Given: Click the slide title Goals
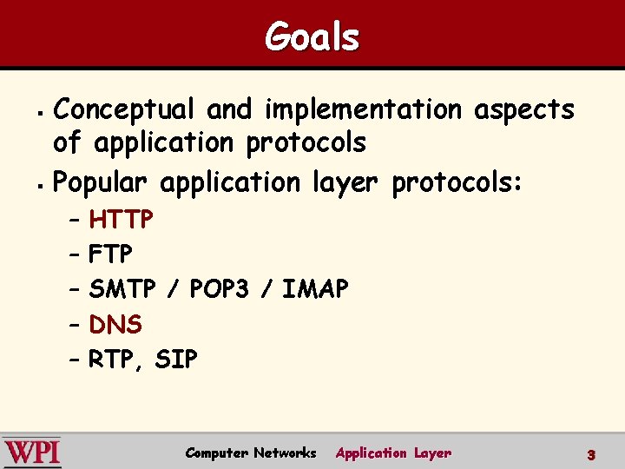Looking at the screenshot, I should pos(312,37).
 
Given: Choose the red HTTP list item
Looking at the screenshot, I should pos(122,220).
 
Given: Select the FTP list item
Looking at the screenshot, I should pos(110,254).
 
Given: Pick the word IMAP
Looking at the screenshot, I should pos(315,289).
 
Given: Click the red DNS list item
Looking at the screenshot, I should pos(115,325).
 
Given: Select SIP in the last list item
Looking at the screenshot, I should pos(176,360).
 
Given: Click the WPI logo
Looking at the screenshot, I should pos(33,452).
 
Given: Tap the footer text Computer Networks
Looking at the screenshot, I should pos(251,452).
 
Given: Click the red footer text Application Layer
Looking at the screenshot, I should pos(393,452).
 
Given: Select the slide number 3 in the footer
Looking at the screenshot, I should pos(590,454).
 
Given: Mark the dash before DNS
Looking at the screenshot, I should pos(74,325).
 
